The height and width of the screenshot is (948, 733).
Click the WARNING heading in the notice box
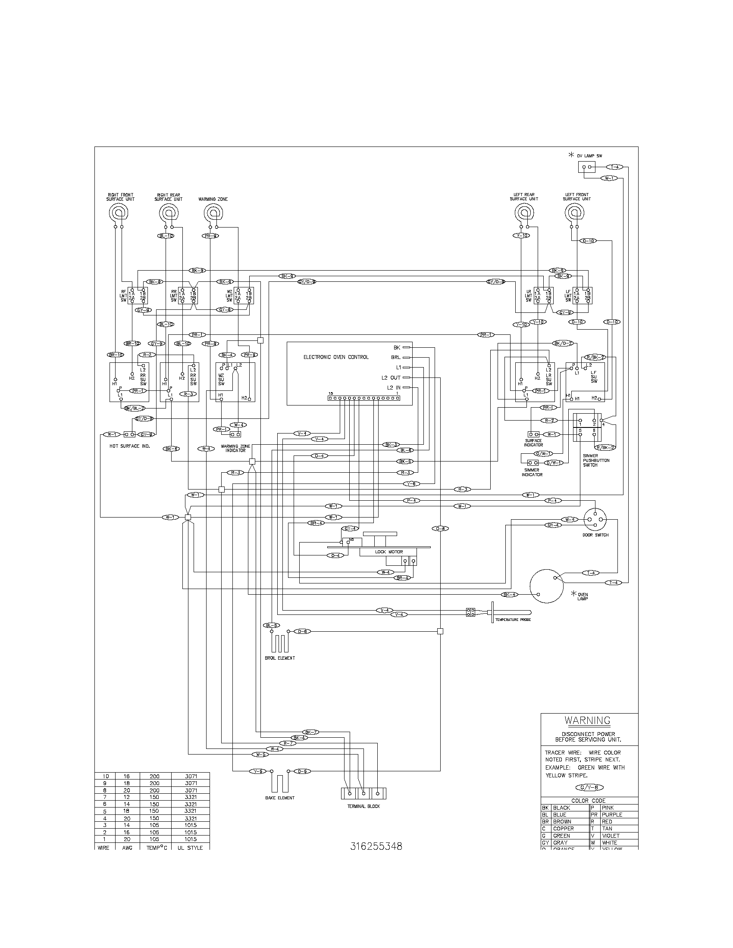[587, 720]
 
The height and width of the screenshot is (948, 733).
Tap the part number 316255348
[376, 846]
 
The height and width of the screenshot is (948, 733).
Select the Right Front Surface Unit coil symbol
[119, 213]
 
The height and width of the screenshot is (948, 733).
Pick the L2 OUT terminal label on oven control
[391, 377]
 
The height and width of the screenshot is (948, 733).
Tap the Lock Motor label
[388, 552]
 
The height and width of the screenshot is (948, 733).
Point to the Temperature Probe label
[513, 620]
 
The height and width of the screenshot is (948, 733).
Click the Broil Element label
[280, 658]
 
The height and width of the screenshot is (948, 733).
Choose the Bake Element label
[280, 798]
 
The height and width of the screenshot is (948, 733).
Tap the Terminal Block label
[363, 806]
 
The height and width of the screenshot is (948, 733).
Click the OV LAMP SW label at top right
[589, 156]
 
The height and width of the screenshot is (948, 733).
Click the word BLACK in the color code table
[561, 808]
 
